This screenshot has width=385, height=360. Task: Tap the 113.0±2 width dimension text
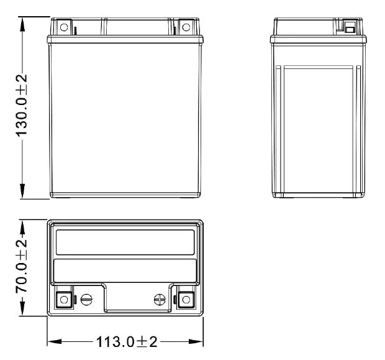[x=125, y=343]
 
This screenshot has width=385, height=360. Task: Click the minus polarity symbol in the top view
[x=86, y=300]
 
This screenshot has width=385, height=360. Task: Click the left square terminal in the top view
[x=63, y=300]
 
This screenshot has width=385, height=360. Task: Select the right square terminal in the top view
[x=185, y=300]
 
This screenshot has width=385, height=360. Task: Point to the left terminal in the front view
[x=63, y=27]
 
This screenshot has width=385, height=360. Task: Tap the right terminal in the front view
[x=185, y=27]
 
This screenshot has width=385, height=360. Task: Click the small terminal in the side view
[x=350, y=27]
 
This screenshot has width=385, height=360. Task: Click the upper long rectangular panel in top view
[x=125, y=242]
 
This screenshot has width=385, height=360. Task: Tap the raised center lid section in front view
[x=137, y=27]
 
